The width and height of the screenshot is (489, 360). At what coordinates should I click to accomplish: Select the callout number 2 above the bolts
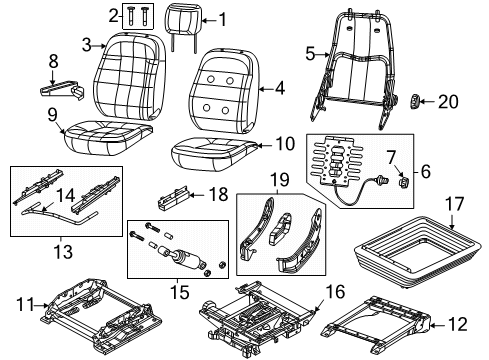pyautogui.click(x=112, y=14)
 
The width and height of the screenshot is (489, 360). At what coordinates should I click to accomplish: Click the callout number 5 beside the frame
pyautogui.click(x=310, y=52)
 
